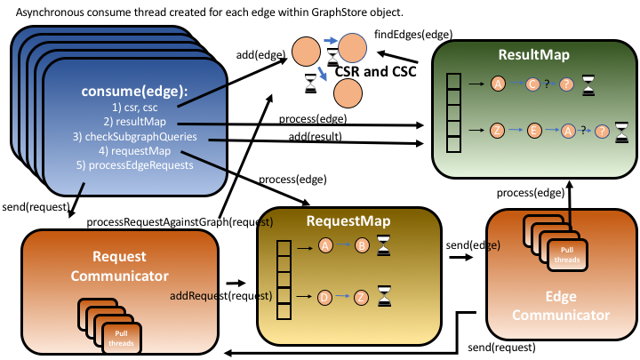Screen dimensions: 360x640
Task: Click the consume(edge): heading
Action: pyautogui.click(x=133, y=92)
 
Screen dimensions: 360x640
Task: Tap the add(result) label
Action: pyautogui.click(x=312, y=135)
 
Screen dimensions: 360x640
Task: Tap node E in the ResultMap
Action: pyautogui.click(x=535, y=130)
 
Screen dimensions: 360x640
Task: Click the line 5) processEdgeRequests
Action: pyautogui.click(x=133, y=164)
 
